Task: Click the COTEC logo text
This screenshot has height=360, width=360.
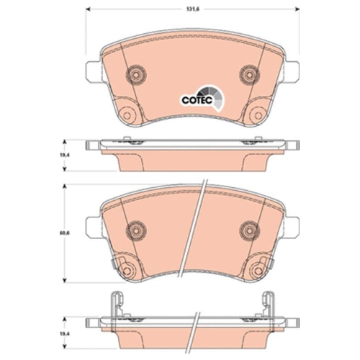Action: click(x=192, y=102)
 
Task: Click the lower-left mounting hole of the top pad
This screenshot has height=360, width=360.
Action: click(x=129, y=113)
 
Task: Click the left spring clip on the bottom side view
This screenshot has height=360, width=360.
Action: click(x=116, y=306)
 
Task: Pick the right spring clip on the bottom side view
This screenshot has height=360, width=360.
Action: click(x=268, y=306)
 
